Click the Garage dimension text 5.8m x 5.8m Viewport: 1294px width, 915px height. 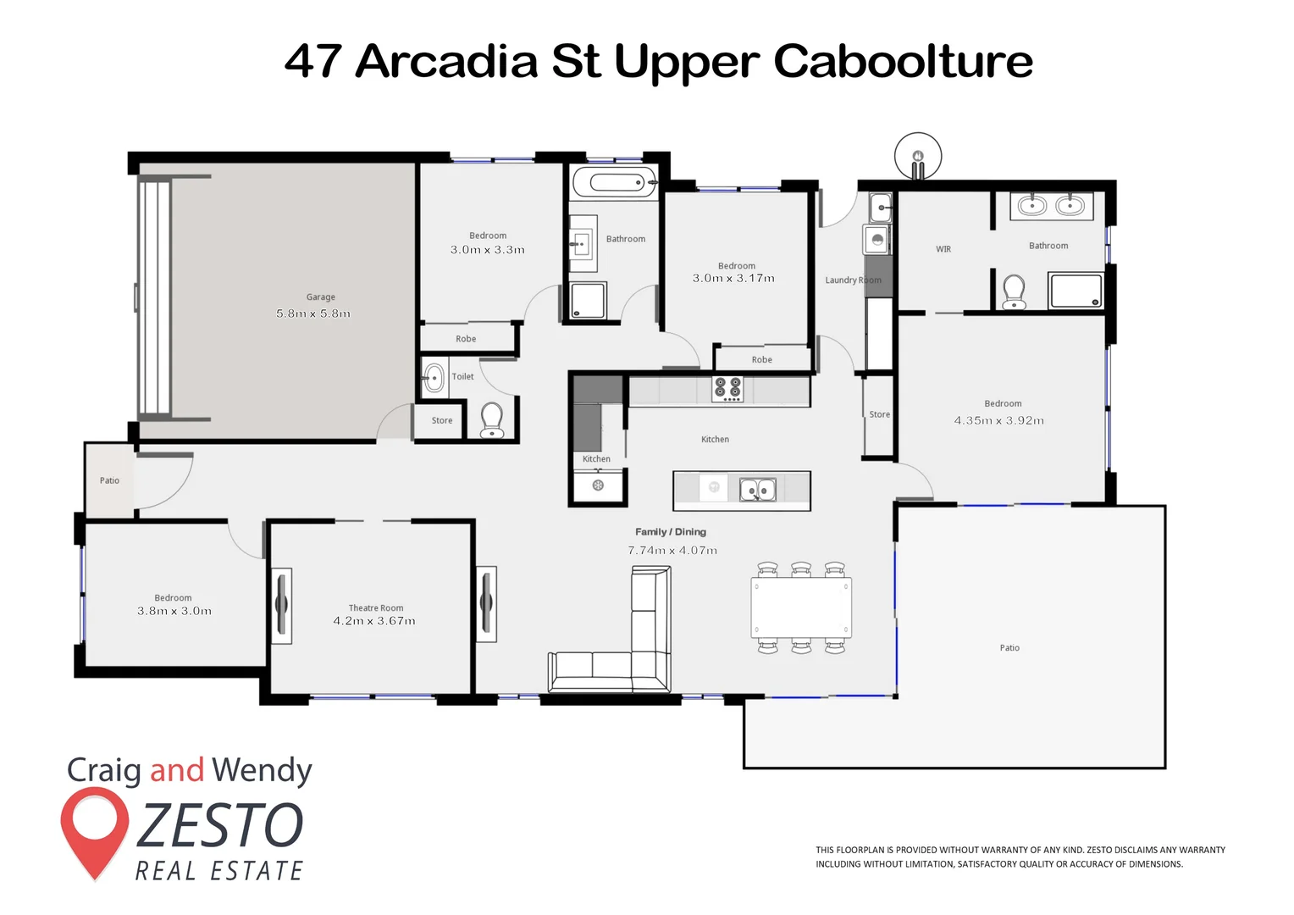click(x=312, y=313)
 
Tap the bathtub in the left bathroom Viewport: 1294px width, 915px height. click(x=614, y=182)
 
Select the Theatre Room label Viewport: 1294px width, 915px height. click(x=375, y=607)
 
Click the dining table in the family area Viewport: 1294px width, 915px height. click(x=800, y=607)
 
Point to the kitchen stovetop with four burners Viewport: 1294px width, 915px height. click(x=727, y=389)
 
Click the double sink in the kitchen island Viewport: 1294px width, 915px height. click(x=758, y=490)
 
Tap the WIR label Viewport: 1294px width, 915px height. click(x=943, y=249)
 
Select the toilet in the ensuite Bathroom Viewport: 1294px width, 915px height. click(x=1014, y=291)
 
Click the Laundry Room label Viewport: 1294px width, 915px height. click(x=852, y=280)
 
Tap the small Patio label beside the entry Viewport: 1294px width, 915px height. click(x=109, y=480)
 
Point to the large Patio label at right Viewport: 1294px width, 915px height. click(x=1009, y=648)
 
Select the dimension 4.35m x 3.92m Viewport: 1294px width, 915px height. click(x=998, y=420)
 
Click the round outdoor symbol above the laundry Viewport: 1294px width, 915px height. click(x=918, y=156)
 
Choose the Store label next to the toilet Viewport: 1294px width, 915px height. click(x=441, y=420)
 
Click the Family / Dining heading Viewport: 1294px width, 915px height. click(x=670, y=532)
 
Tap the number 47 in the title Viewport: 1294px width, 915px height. click(x=312, y=61)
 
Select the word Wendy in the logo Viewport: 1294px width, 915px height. click(x=262, y=770)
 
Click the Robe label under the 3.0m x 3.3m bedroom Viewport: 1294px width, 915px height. click(x=466, y=339)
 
